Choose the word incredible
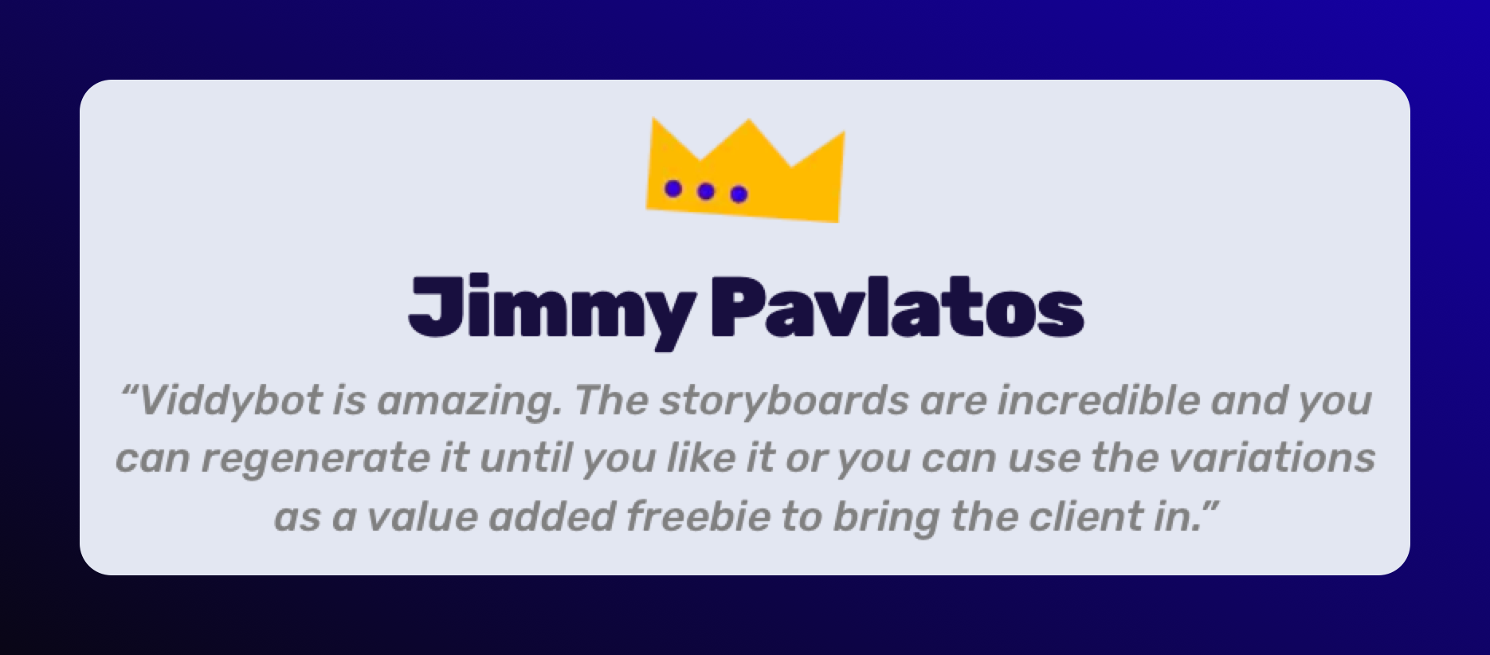1099,400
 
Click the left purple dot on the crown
673,188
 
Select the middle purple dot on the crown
705,191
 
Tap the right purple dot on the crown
739,194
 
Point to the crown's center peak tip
748,120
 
